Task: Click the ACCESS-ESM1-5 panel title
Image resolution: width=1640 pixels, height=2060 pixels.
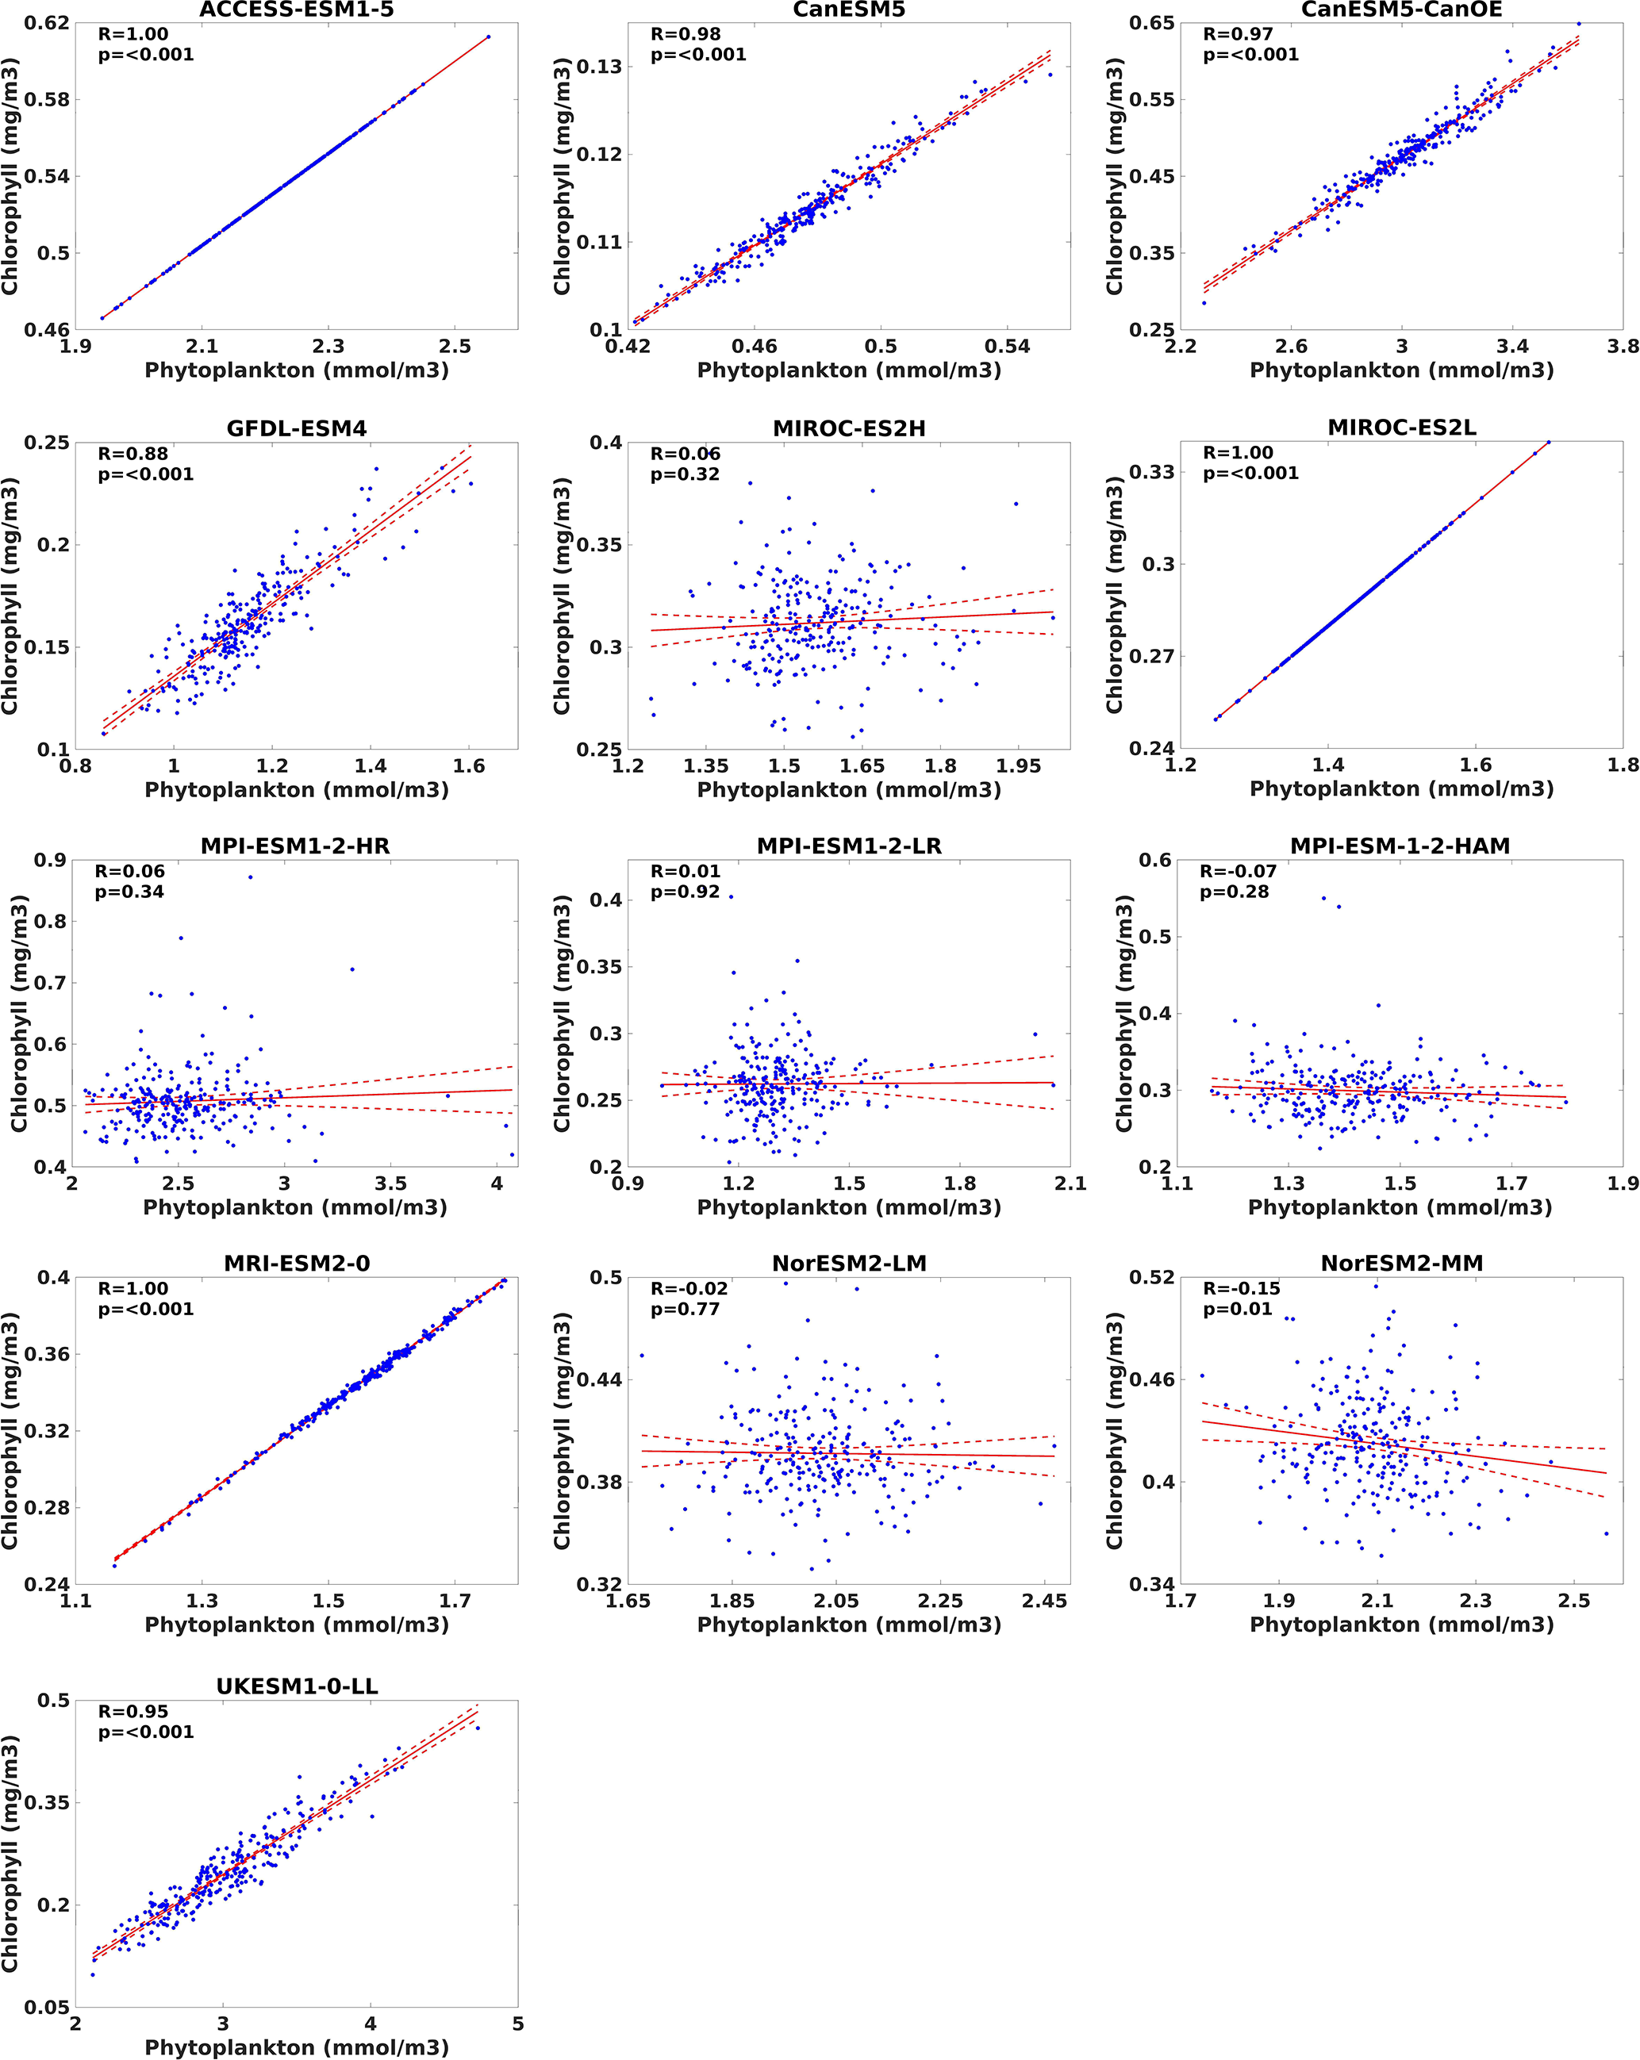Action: [296, 10]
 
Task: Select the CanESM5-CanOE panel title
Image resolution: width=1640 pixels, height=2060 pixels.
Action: [1401, 10]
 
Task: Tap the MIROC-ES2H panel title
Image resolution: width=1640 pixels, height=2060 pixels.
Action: [849, 429]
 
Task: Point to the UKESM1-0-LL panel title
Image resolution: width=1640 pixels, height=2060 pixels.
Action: [296, 1686]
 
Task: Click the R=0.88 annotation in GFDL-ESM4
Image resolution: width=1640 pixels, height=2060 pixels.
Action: [133, 454]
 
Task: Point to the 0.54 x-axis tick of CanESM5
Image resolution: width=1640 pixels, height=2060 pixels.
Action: [1008, 346]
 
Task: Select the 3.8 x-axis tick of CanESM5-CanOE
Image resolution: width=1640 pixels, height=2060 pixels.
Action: [1622, 346]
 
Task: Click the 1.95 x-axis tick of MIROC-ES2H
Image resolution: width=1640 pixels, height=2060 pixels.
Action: [1018, 765]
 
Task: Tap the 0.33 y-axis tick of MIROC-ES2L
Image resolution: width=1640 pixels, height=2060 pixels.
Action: [1151, 472]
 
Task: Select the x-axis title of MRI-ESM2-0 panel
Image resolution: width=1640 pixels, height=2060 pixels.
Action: [296, 1625]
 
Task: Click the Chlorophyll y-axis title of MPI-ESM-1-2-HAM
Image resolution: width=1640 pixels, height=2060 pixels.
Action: [1124, 1013]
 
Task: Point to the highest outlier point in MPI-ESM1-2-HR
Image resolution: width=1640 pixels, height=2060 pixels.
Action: [251, 877]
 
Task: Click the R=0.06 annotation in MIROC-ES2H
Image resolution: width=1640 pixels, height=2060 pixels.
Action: [684, 454]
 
